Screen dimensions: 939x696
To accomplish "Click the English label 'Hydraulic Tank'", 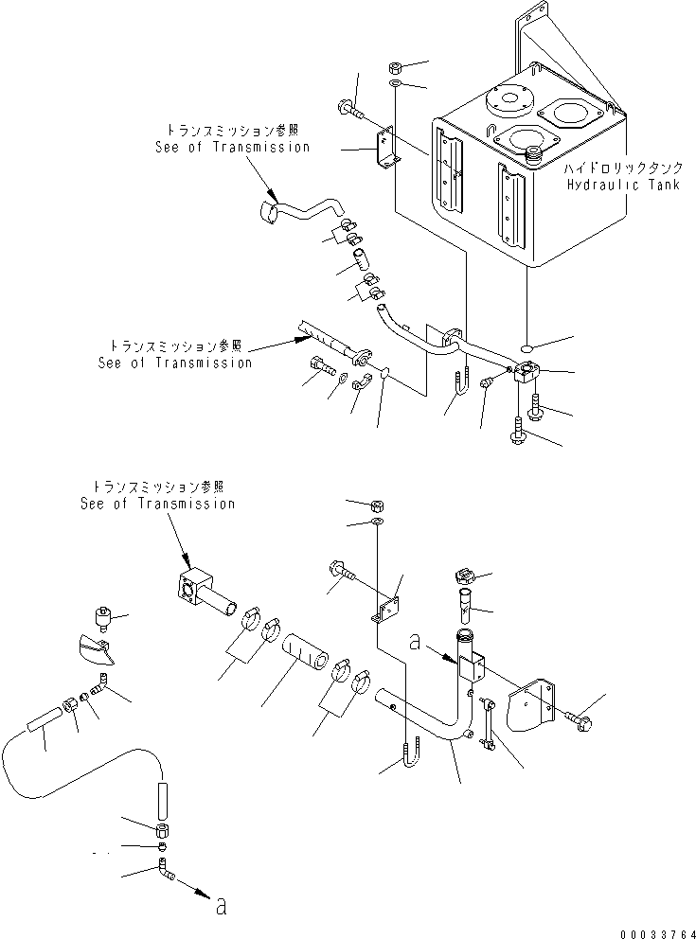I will point(622,186).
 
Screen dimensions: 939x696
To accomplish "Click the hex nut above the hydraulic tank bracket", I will point(396,69).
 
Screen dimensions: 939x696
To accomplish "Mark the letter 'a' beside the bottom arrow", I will point(220,907).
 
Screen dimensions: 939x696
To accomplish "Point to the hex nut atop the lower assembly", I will point(377,504).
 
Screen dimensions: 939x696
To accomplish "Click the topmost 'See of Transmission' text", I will point(232,147).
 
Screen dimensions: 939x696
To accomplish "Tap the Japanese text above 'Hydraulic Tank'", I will point(622,168).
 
